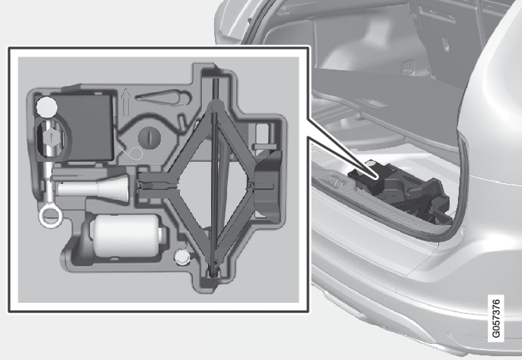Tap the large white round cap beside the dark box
pyautogui.click(x=46, y=106)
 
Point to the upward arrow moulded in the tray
pyautogui.click(x=126, y=101)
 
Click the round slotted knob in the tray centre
pyautogui.click(x=149, y=137)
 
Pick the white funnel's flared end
pyautogui.click(x=117, y=188)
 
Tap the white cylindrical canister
pyautogui.click(x=126, y=236)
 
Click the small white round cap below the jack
pyautogui.click(x=182, y=257)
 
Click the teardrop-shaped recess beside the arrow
pyautogui.click(x=164, y=97)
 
